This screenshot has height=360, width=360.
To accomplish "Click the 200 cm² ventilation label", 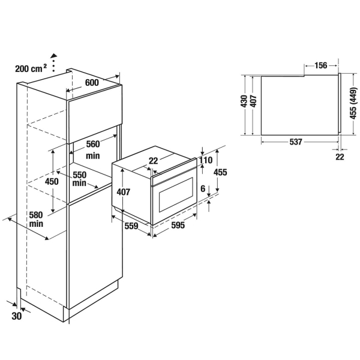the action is [31, 68].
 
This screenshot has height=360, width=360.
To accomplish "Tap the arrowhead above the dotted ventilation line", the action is [54, 55].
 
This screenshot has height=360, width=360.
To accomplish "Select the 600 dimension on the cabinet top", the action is [92, 82].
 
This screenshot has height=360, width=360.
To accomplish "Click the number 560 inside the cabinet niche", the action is [93, 144].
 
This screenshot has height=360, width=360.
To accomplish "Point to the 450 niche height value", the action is [52, 181].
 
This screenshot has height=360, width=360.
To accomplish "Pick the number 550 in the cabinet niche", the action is [79, 175].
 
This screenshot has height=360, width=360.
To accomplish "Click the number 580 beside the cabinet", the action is [36, 215].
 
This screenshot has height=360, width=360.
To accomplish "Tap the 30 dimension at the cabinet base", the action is [17, 316].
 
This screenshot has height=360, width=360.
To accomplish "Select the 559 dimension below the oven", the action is [131, 226].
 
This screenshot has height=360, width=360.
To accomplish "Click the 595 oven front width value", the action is [178, 225].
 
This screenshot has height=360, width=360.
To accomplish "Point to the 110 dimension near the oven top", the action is [206, 160].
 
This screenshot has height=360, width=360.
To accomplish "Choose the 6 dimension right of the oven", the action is [203, 188].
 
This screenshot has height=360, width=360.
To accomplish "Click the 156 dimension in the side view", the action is [320, 65].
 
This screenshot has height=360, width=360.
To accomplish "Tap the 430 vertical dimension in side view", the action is [244, 101].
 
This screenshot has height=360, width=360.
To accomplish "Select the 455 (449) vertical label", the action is [353, 103].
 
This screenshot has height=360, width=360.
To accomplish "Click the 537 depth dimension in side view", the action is [295, 142].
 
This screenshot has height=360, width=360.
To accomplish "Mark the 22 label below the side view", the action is [340, 157].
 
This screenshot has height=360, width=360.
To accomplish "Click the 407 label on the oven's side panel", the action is [124, 192].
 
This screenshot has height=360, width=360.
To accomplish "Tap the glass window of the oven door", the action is [176, 194].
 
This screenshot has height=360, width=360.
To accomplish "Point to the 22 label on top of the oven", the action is [154, 161].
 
